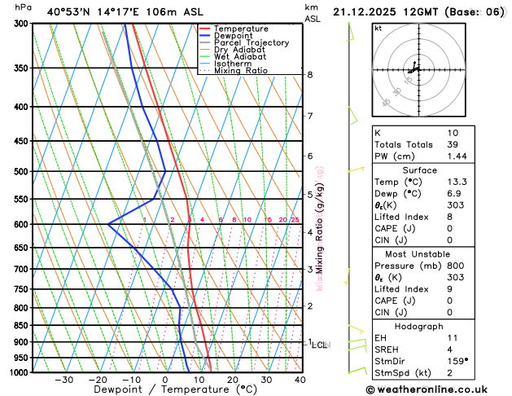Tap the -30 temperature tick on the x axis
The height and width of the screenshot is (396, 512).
pyautogui.click(x=63, y=380)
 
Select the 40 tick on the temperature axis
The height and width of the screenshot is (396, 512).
pyautogui.click(x=300, y=380)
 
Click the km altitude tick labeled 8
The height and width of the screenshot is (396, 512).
pyautogui.click(x=309, y=75)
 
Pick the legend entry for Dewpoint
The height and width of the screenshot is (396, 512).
pyautogui.click(x=234, y=36)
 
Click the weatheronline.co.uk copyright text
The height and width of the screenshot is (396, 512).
pyautogui.click(x=439, y=389)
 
